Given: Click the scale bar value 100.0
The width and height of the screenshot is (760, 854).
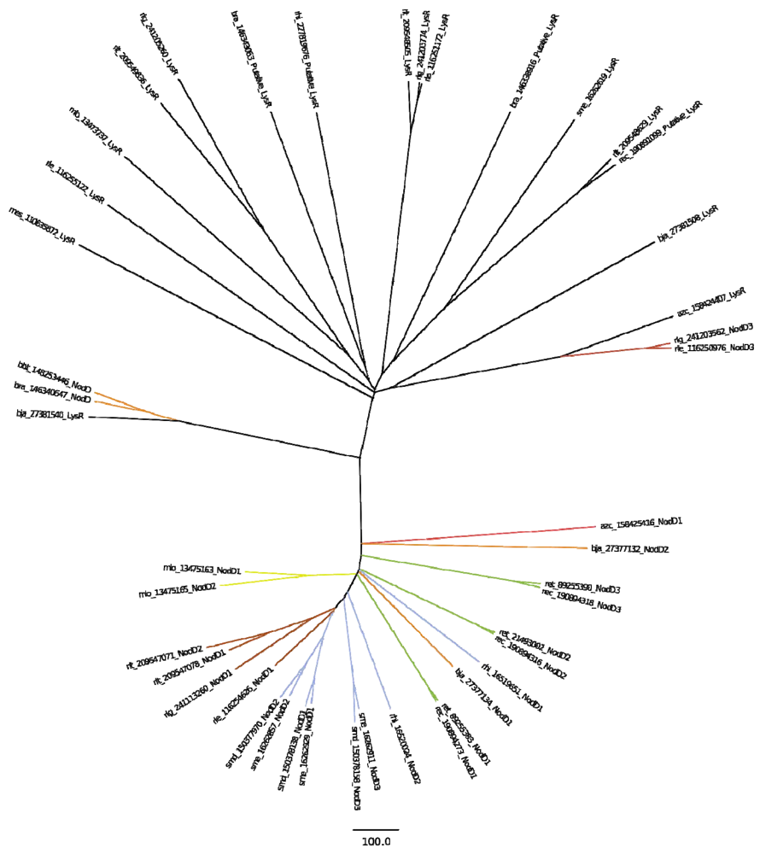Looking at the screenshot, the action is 376,841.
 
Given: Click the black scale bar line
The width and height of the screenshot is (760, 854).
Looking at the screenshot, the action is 376,828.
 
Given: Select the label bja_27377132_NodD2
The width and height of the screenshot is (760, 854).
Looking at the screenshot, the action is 630,549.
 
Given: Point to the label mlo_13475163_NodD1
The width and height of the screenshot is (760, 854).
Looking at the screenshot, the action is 202,569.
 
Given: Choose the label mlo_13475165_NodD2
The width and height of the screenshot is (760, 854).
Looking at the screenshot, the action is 178,588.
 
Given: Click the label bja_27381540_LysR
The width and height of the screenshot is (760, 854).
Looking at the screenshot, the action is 50,414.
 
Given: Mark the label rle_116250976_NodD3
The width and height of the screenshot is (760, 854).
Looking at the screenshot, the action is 713,348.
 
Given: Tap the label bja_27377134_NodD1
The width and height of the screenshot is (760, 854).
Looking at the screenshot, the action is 482,698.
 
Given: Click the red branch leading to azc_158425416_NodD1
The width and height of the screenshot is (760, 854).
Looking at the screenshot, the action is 478,534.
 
